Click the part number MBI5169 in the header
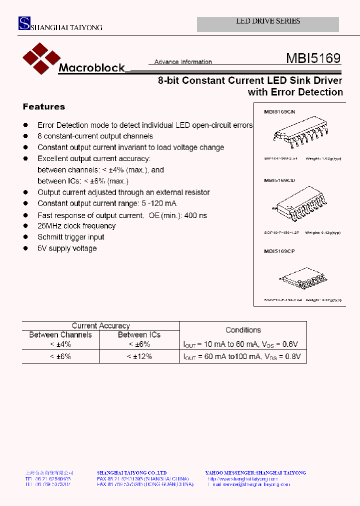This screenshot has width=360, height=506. click(x=313, y=58)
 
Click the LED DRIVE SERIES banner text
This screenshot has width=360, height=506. click(x=268, y=21)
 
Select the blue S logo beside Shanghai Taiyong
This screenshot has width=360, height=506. click(x=24, y=23)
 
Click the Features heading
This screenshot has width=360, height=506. click(x=44, y=106)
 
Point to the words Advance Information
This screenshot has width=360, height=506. click(x=183, y=62)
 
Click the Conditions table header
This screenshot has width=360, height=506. click(x=243, y=330)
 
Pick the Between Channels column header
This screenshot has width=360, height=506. click(x=60, y=335)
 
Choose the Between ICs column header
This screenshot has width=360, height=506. click(x=139, y=335)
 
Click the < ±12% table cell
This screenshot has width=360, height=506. click(x=139, y=356)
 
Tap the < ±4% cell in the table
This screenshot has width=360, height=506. click(x=60, y=344)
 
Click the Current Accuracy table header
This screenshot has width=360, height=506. click(x=100, y=325)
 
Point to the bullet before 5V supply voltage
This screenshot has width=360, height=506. click(x=25, y=248)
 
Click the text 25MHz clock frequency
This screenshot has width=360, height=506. click(x=76, y=226)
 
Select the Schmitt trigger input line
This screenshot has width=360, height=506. click(x=71, y=237)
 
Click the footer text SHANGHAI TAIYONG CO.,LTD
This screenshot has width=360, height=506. click(x=131, y=472)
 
